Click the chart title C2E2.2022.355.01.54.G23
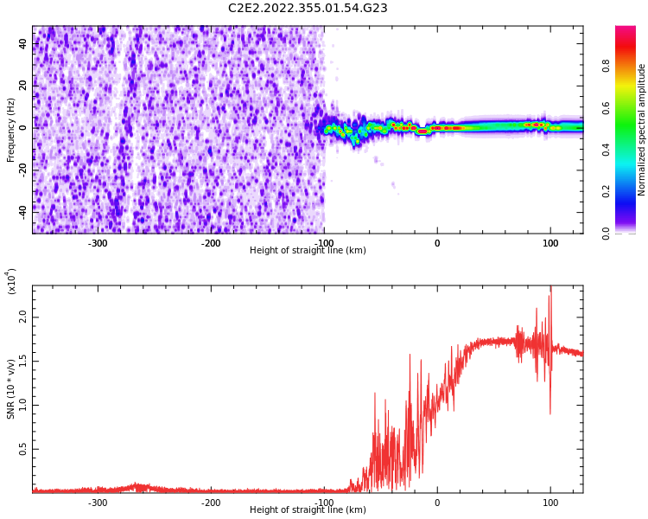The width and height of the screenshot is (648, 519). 308,9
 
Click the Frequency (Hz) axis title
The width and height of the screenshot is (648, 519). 11,130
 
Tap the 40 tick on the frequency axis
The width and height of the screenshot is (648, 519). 23,44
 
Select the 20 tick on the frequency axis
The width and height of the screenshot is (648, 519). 23,86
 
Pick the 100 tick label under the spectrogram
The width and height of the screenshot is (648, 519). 550,243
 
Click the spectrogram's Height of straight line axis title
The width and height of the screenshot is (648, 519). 308,251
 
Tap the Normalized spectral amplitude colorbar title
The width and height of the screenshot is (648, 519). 642,130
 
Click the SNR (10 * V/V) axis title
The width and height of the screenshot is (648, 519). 11,388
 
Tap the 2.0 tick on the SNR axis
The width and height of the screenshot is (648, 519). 23,318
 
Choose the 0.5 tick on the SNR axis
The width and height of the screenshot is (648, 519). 23,449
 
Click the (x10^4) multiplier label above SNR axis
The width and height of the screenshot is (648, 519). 11,281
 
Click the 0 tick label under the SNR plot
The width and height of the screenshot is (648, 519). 437,503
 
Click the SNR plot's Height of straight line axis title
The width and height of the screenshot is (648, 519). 308,510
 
